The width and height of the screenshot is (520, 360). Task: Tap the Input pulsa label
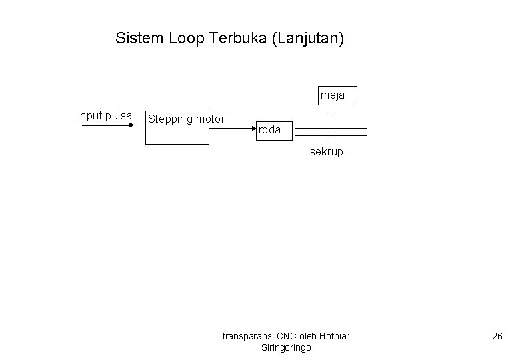(x=105, y=115)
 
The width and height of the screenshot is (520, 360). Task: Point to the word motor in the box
(x=211, y=119)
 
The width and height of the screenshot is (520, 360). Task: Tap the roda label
(x=269, y=130)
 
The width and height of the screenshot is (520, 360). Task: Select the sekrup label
(x=327, y=152)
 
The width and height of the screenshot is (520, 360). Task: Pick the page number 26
(x=497, y=336)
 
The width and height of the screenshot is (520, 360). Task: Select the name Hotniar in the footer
(x=335, y=335)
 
